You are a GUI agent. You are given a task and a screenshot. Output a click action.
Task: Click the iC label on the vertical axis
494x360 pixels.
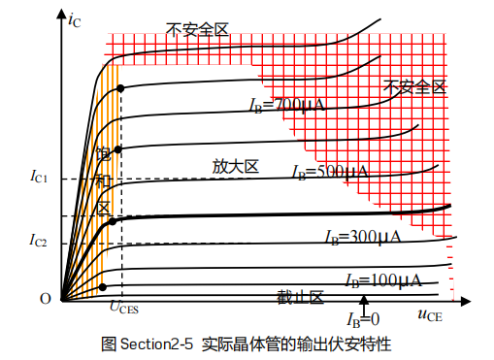pyautogui.click(x=75, y=18)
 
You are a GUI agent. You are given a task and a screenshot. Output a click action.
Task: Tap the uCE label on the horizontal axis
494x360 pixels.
pyautogui.click(x=431, y=313)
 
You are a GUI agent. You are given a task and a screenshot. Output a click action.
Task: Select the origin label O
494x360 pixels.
pyautogui.click(x=45, y=298)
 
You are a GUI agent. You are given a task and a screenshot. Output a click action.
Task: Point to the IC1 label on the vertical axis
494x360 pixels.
pyautogui.click(x=38, y=178)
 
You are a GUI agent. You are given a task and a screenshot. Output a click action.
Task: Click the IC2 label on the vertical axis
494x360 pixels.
pyautogui.click(x=38, y=241)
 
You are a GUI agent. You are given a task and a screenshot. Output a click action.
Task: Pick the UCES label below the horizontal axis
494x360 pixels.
pyautogui.click(x=123, y=309)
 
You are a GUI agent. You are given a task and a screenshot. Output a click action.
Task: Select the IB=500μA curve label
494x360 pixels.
pyautogui.click(x=330, y=172)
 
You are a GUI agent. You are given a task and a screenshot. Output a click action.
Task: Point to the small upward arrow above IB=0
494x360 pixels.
pyautogui.click(x=365, y=303)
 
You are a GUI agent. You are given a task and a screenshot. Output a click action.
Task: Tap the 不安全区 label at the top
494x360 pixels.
pyautogui.click(x=197, y=30)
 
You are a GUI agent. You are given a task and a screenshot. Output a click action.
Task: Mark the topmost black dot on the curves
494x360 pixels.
pyautogui.click(x=121, y=88)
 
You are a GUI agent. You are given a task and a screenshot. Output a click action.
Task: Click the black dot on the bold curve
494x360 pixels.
pyautogui.click(x=113, y=221)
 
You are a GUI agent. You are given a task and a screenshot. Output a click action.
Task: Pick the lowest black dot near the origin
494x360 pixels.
pyautogui.click(x=102, y=286)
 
